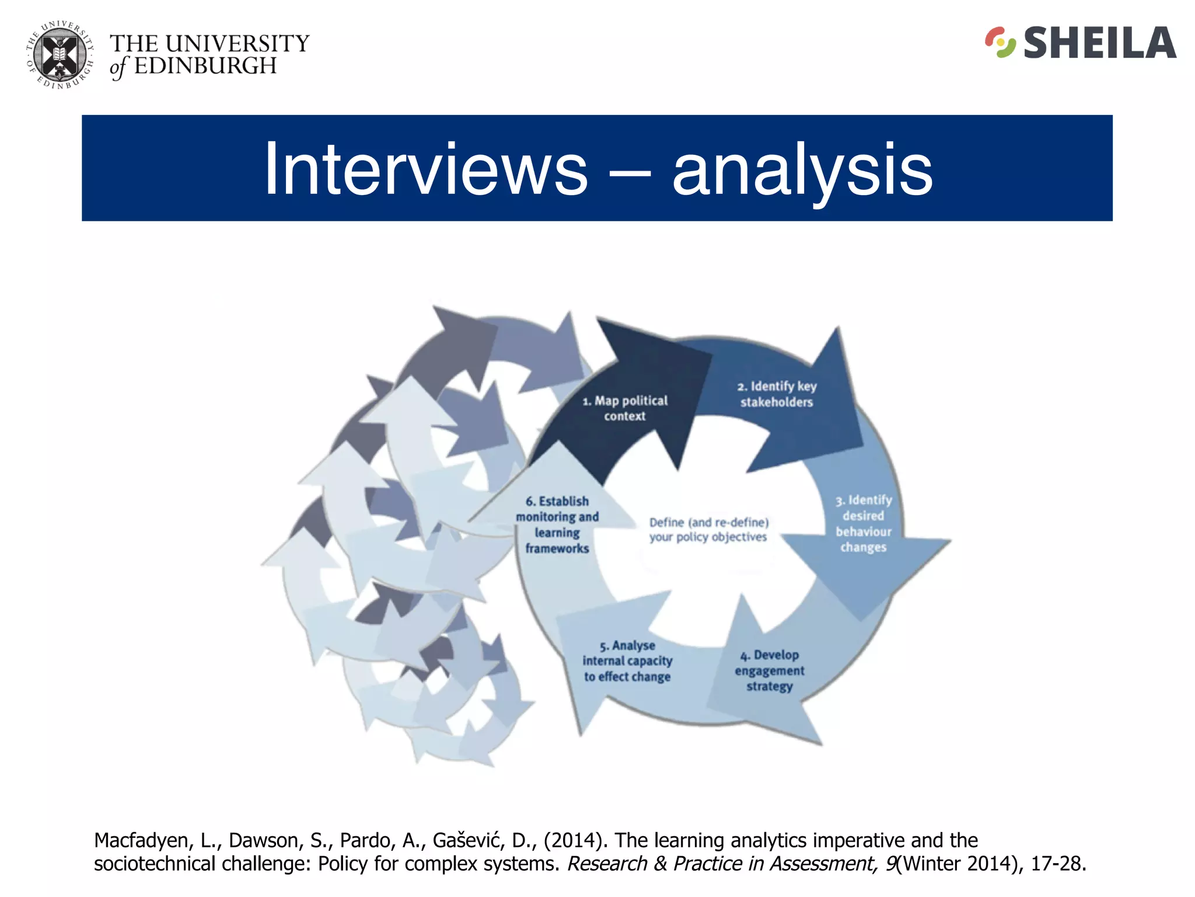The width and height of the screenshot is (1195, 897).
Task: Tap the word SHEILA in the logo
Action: click(x=1099, y=44)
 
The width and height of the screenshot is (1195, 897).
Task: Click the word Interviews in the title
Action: click(x=426, y=169)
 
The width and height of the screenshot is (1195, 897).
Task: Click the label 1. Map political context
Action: click(x=625, y=408)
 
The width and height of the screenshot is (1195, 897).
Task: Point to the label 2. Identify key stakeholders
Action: click(x=777, y=394)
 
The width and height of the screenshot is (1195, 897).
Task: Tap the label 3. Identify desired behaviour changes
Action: click(x=864, y=524)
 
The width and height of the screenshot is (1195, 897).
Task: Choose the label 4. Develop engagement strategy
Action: click(x=770, y=670)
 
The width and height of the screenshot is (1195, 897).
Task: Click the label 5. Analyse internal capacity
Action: click(x=627, y=661)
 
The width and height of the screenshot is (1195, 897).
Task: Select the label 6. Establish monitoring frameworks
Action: click(x=557, y=524)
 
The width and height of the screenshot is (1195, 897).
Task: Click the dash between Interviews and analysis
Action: click(x=630, y=172)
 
